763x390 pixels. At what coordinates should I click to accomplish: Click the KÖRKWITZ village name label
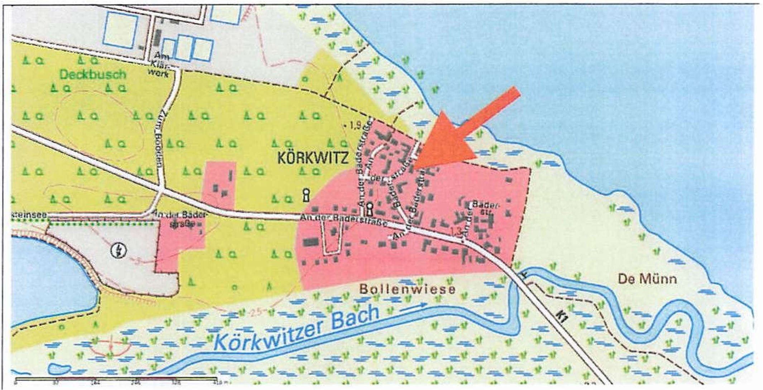313,158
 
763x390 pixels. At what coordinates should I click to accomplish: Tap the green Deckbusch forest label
93,75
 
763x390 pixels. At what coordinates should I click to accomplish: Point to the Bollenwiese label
407,289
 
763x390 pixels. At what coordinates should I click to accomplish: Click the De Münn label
647,279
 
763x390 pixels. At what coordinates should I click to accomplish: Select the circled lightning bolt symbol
119,250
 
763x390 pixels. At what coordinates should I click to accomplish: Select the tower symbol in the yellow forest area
306,195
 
